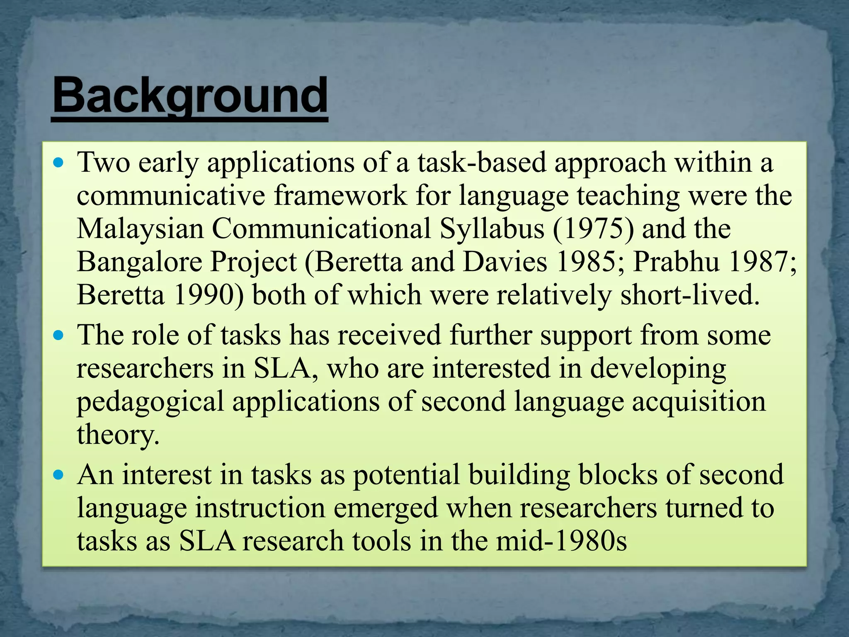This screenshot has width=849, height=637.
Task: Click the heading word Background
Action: [190, 96]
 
